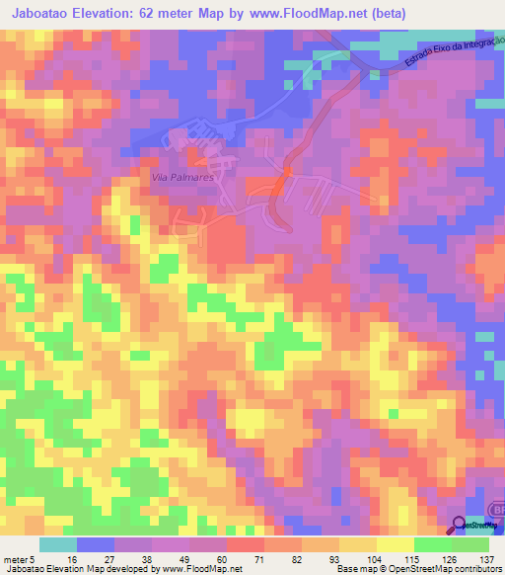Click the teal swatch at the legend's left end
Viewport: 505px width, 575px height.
point(58,544)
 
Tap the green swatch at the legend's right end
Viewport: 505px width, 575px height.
point(469,544)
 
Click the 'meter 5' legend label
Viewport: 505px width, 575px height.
point(18,558)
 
